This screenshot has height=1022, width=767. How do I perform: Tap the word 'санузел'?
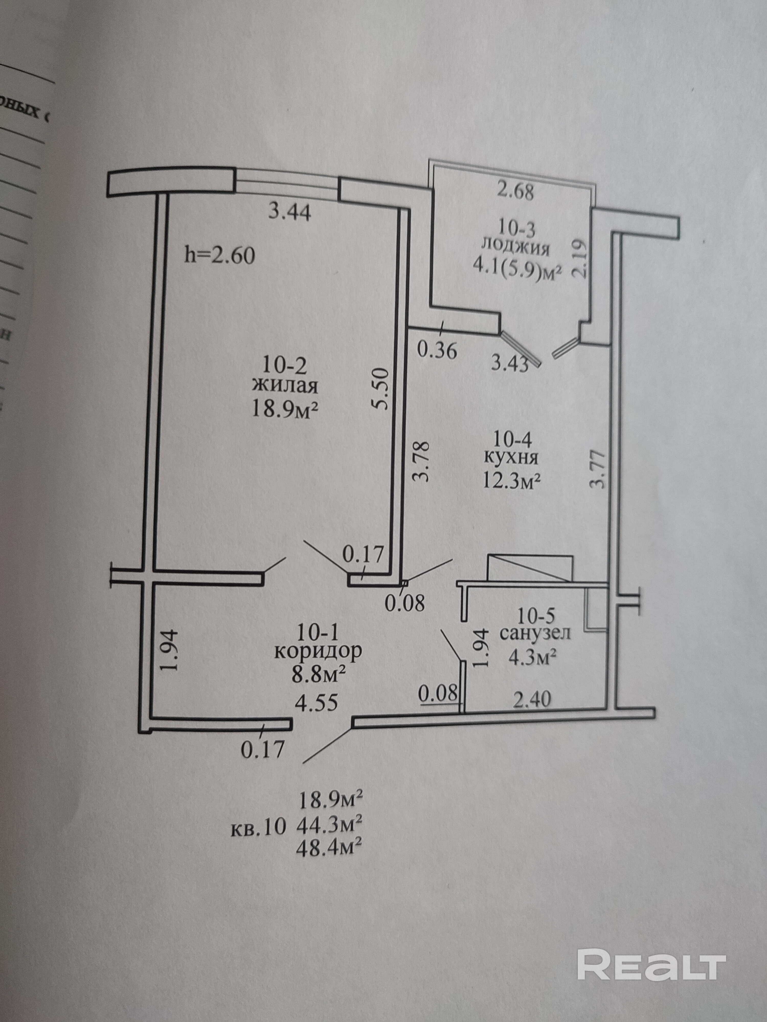pos(535,633)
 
